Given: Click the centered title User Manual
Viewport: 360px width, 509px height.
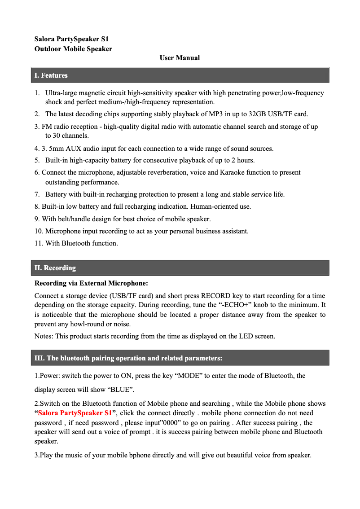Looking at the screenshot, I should (180, 58).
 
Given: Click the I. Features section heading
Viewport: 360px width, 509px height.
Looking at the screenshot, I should (51, 75).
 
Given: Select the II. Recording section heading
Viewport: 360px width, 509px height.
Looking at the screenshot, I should (55, 268).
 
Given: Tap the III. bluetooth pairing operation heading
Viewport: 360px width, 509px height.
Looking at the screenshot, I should (128, 358).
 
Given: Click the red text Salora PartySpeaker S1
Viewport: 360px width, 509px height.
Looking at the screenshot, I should (75, 413).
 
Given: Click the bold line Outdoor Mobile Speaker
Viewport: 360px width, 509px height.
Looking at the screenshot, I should (73, 49).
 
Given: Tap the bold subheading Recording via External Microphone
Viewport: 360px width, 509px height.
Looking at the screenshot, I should (91, 283).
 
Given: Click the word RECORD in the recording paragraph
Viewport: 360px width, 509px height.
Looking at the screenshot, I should (215, 296).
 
